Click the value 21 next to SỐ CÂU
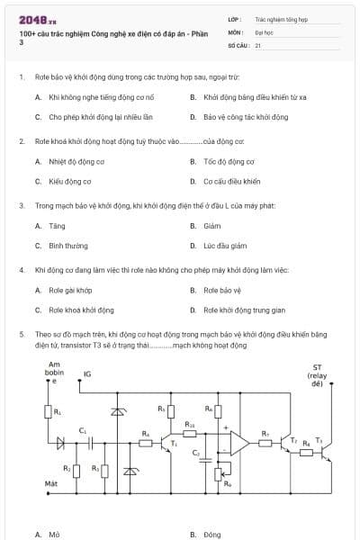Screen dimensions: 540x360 [x=258, y=44]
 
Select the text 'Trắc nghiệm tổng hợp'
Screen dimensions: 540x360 [x=281, y=18]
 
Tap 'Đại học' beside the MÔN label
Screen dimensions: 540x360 [x=264, y=31]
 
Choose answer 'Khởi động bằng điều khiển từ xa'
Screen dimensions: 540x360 [x=255, y=96]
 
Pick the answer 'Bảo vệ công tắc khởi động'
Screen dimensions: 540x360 [x=246, y=117]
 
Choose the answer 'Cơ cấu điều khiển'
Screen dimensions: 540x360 [x=231, y=182]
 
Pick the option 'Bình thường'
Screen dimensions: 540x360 [x=68, y=246]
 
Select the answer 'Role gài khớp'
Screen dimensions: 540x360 [x=70, y=291]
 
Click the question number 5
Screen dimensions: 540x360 [x=21, y=333]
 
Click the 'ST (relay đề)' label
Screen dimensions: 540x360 [x=317, y=374]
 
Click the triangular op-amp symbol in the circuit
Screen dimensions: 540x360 [x=238, y=441]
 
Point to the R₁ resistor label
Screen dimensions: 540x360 [x=58, y=411]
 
